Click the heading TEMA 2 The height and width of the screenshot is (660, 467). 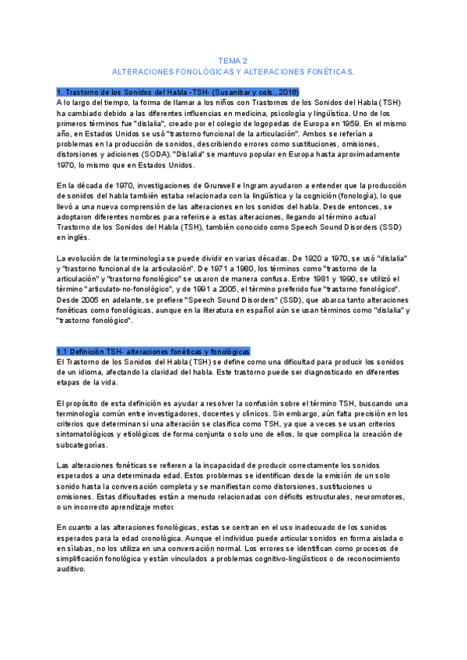click(x=233, y=60)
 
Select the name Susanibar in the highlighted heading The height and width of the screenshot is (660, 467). click(x=219, y=92)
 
